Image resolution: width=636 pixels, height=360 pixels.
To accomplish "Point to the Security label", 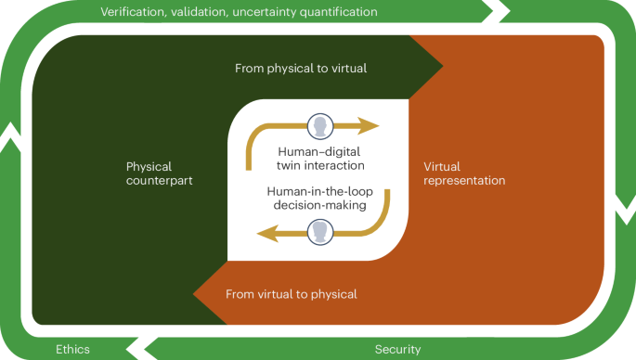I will (397, 349).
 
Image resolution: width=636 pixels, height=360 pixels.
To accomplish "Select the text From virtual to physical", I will (292, 294).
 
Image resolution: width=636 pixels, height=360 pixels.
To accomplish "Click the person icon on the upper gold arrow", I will (319, 126).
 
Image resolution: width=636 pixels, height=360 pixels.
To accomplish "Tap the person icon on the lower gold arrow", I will (319, 230).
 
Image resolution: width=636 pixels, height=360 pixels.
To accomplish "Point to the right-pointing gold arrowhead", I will (371, 126).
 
